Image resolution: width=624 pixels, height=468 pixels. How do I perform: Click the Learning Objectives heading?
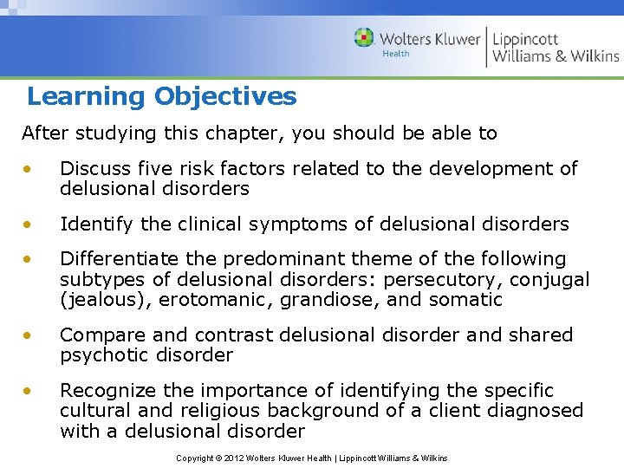coord(161,96)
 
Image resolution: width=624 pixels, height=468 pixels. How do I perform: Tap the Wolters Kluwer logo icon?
coord(364,37)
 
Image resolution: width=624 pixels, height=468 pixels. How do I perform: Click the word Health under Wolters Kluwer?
coord(395,54)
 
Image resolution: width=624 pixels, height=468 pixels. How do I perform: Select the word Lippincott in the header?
coord(525,39)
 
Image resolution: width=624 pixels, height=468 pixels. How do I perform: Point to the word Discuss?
coord(91,168)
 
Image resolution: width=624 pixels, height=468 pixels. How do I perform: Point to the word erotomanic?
coord(207,300)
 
